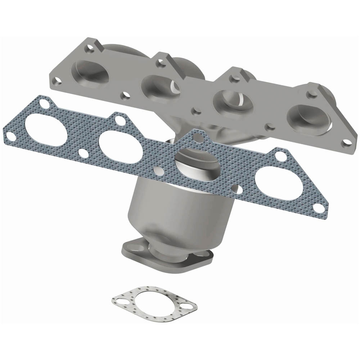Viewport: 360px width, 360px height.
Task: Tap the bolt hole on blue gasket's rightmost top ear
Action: [x=279, y=156]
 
